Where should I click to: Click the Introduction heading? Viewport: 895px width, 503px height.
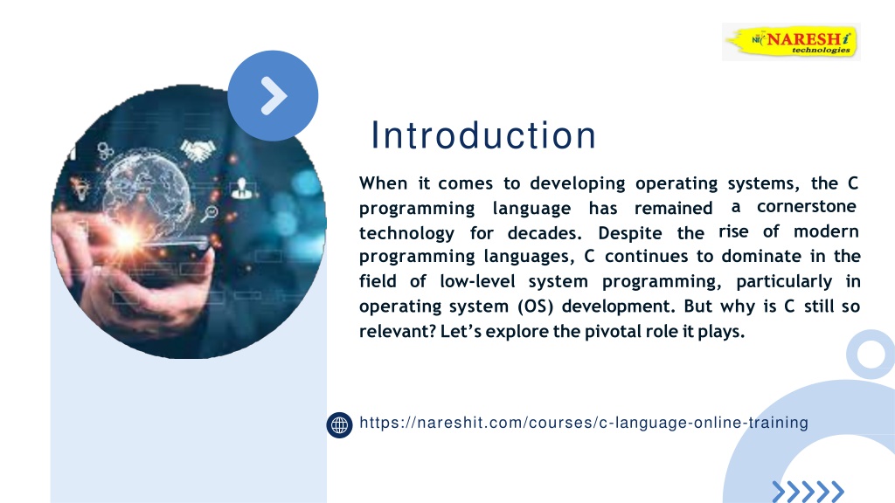(483, 135)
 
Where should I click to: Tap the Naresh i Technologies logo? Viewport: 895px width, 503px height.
(791, 42)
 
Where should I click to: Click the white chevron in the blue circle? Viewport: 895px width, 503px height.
(274, 96)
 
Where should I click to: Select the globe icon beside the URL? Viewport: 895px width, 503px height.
(340, 425)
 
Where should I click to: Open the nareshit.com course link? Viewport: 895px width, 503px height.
(584, 423)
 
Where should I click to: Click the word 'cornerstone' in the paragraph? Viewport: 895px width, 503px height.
(807, 206)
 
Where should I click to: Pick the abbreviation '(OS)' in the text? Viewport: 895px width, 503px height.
(536, 307)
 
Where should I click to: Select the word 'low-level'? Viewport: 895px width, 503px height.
(478, 281)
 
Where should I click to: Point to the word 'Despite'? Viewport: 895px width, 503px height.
(630, 233)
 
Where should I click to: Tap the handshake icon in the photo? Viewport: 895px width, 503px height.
(198, 150)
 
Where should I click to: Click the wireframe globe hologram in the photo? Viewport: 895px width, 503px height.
(149, 189)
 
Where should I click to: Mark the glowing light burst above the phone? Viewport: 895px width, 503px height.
(128, 237)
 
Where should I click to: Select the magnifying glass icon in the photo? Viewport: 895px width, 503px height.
(209, 214)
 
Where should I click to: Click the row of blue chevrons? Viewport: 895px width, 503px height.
(808, 492)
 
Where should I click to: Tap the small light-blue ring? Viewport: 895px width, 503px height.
(871, 355)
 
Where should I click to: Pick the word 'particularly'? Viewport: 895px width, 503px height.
(784, 282)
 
